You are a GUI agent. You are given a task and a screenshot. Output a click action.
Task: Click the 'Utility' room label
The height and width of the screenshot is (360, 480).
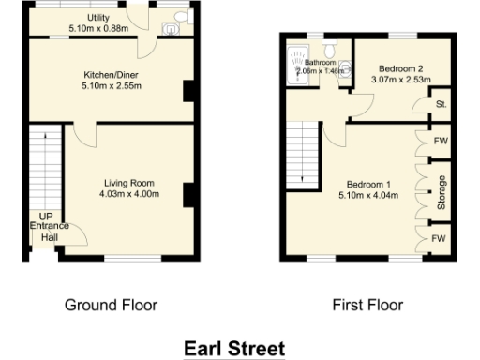pyautogui.click(x=97, y=18)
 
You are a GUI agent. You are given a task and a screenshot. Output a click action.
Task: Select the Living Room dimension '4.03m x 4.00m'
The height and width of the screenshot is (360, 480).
pyautogui.click(x=130, y=194)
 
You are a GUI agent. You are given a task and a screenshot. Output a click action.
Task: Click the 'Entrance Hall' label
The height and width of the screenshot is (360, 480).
pyautogui.click(x=48, y=232)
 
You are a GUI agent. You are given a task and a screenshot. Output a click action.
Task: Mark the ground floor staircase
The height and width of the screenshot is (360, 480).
pyautogui.click(x=45, y=169)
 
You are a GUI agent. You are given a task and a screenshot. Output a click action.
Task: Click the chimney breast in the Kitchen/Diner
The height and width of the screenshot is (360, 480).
pyautogui.click(x=187, y=91)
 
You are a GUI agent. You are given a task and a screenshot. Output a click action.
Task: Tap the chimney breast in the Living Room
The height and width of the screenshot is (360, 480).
pyautogui.click(x=187, y=193)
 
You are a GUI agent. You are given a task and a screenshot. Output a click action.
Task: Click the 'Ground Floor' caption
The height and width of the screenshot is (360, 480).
pyautogui.click(x=111, y=305)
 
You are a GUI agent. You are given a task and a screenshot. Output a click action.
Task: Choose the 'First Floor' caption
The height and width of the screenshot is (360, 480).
pyautogui.click(x=367, y=305)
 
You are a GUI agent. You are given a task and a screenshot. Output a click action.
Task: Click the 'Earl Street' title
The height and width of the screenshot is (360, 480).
pyautogui.click(x=233, y=348)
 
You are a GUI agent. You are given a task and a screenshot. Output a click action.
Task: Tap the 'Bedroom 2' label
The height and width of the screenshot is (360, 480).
pyautogui.click(x=402, y=68)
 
